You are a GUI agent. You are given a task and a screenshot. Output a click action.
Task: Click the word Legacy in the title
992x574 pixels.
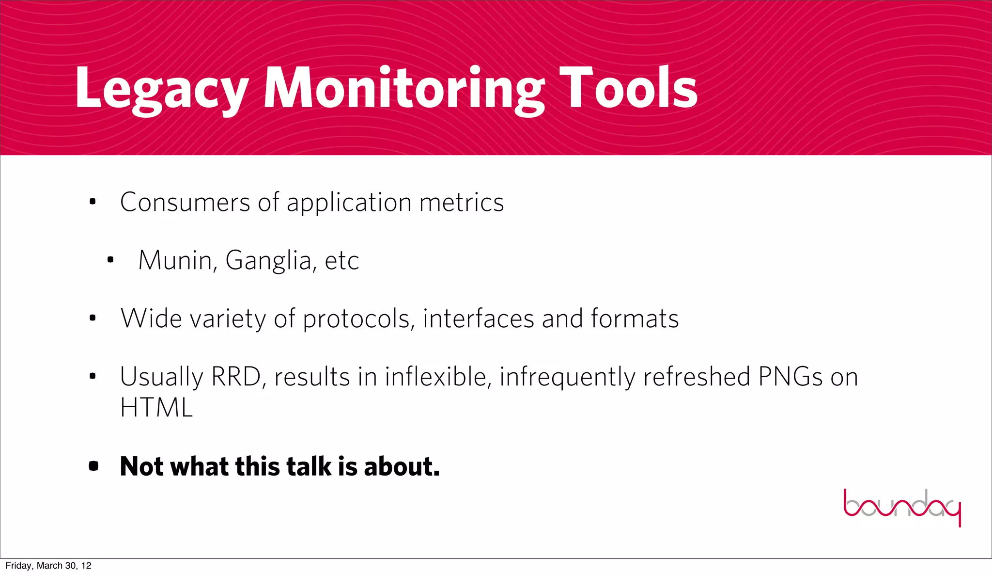162,90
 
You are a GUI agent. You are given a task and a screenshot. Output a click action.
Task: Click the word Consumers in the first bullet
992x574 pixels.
185,202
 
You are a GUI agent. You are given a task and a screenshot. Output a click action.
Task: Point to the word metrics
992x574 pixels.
462,202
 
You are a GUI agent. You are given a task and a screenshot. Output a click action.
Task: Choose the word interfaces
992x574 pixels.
478,319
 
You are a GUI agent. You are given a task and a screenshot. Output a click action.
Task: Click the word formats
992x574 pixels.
635,319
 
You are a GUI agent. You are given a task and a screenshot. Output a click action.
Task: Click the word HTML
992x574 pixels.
156,408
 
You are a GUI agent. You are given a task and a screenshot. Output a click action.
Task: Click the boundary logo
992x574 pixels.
902,507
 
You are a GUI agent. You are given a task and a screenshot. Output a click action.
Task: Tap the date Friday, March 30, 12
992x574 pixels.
48,566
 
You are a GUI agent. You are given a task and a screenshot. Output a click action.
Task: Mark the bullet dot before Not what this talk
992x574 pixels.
93,466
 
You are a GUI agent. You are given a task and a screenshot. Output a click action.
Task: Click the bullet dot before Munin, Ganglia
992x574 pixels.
110,260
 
